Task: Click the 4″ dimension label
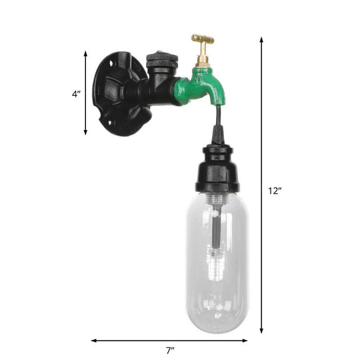point(75,94)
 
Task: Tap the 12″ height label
point(275,191)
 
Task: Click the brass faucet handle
point(203,39)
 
